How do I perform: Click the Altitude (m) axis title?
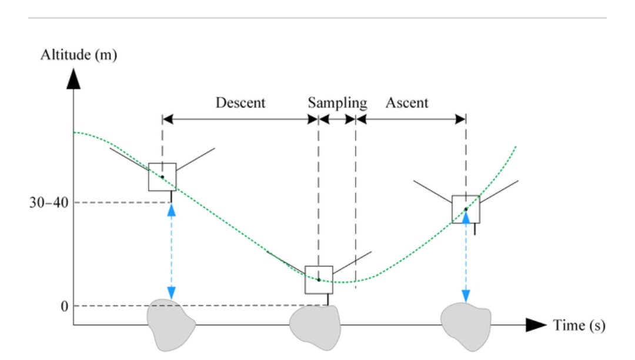click(x=78, y=56)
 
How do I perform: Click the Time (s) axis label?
click(x=579, y=325)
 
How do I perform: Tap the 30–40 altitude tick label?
click(x=49, y=203)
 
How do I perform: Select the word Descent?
click(x=240, y=103)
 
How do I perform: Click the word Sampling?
click(x=337, y=103)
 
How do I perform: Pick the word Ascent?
click(x=407, y=103)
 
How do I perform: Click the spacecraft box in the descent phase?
click(x=162, y=176)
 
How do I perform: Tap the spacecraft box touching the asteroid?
click(x=319, y=280)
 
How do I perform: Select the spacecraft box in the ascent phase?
click(x=466, y=209)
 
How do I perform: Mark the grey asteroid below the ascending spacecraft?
click(x=466, y=322)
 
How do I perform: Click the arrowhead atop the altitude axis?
click(x=73, y=79)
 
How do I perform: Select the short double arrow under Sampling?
click(x=337, y=119)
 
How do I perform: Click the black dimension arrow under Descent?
click(x=240, y=119)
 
